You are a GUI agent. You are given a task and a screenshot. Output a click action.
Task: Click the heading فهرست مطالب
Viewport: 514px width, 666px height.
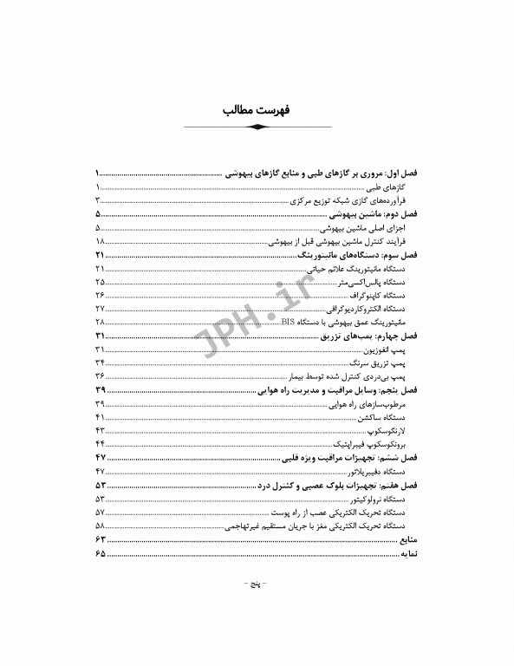[257, 112]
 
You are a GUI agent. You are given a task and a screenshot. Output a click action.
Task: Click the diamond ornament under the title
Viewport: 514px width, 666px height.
[257, 127]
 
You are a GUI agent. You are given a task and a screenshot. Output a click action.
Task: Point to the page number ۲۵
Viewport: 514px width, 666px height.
[101, 283]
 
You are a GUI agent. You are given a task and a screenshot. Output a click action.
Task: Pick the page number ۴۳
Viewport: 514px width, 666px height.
[101, 430]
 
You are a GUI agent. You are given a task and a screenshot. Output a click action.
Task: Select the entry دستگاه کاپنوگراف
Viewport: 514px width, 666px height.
[378, 296]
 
